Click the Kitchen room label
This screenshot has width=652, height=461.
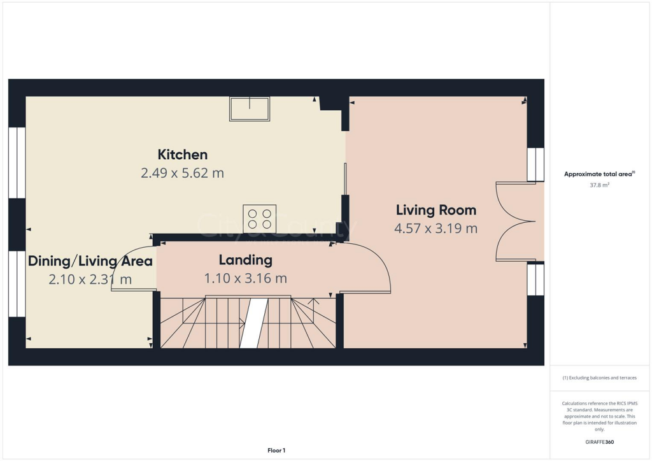pos(183,155)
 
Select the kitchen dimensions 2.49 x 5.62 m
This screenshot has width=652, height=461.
pos(183,173)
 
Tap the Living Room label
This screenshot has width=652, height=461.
pos(436,210)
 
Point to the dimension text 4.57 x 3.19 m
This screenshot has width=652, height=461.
pos(436,229)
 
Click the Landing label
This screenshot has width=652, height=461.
pos(245,260)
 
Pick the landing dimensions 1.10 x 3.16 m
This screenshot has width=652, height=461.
pos(245,278)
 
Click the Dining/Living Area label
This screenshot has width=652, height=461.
pos(90,261)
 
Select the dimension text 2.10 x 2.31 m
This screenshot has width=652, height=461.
pos(90,280)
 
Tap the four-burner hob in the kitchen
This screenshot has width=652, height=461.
pos(259,218)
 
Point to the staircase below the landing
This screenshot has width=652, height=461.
pos(248,323)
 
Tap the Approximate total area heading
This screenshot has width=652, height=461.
pos(599,174)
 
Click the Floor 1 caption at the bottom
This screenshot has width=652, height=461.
pos(276,451)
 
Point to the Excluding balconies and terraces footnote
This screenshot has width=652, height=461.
pos(600,378)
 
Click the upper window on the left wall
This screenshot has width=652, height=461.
pos(17,162)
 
